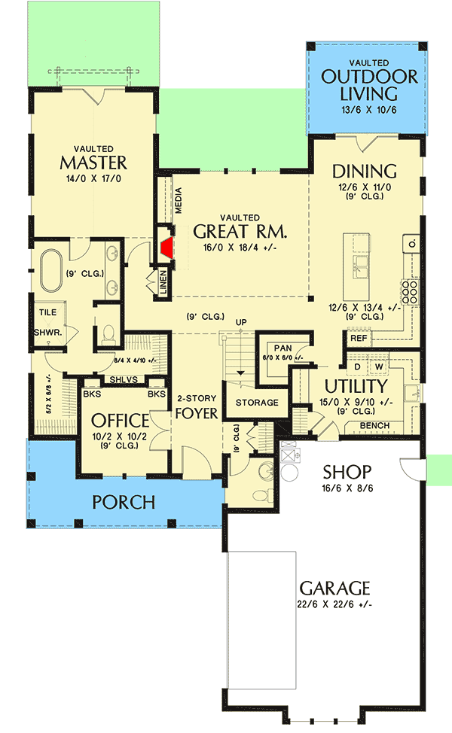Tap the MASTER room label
tap(93, 163)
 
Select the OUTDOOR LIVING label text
tap(369, 84)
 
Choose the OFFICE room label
tap(120, 420)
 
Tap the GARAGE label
tap(334, 587)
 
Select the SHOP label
tap(347, 472)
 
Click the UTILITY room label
tap(356, 386)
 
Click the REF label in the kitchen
tap(359, 339)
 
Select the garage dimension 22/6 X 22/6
tap(334, 604)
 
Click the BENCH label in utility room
tap(374, 426)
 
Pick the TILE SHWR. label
tap(46, 321)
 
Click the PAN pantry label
tap(282, 348)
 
